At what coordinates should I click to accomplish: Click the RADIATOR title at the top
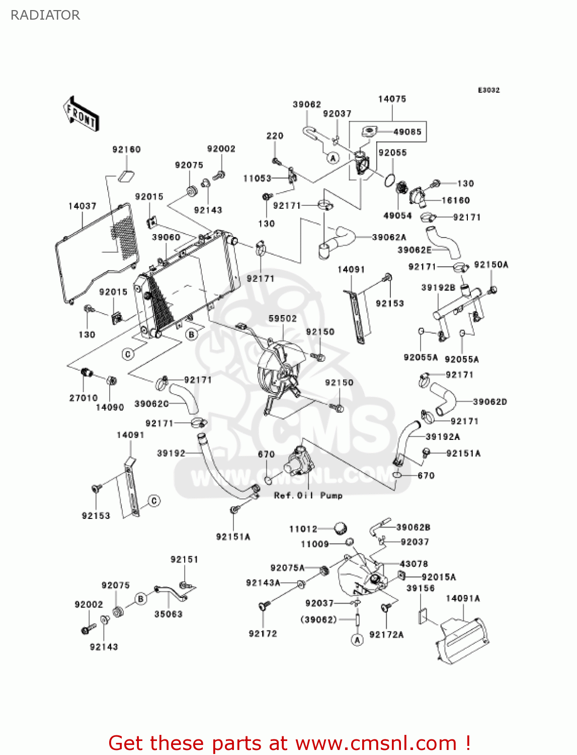pos(45,15)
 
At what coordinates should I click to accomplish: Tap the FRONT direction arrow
pos(81,114)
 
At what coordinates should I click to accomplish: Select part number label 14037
pos(83,206)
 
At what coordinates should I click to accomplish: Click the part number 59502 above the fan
pos(283,319)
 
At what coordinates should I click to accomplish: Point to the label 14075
pos(392,99)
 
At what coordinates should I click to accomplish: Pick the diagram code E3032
pos(488,90)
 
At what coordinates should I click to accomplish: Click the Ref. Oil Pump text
pos(308,496)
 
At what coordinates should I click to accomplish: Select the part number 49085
pos(407,132)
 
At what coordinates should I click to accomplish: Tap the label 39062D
pos(490,402)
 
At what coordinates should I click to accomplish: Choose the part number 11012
pos(303,528)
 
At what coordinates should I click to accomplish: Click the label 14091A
pos(463,598)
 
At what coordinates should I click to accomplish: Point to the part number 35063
pos(169,614)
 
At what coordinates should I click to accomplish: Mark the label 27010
pos(84,398)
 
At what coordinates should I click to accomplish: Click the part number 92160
pos(126,149)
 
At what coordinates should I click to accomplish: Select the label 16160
pos(456,200)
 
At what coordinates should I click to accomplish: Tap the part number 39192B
pos(439,287)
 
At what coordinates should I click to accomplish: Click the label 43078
pos(414,564)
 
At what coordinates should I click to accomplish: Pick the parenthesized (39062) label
pos(318,620)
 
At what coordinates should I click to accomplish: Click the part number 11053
pos(258,178)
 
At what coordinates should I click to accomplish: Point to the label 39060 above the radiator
pos(167,238)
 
